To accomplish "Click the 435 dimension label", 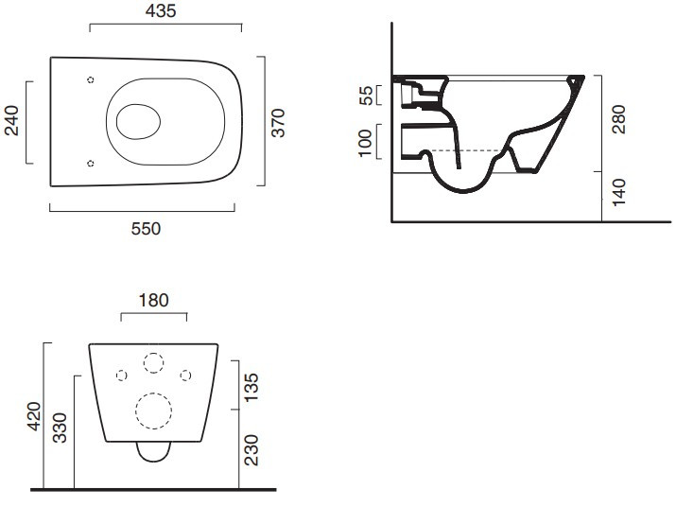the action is pos(161,11).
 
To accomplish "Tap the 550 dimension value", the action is pos(146,229).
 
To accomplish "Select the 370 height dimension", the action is pos(278,123).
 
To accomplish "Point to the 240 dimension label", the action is pos(11,121).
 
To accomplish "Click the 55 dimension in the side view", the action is pos(366,96).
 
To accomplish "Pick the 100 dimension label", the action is pos(365,143).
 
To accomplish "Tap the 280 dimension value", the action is pos(618,119).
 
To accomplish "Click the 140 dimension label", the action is pos(618,193).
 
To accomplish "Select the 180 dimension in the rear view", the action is pos(153,300).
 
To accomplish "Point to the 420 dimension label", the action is pos(34,416).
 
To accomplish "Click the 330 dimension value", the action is pos(60,428).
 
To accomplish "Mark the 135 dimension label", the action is pos(251,388).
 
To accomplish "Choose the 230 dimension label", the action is pos(251,450).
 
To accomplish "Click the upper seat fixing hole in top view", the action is pos(91,79).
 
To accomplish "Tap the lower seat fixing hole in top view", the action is pos(91,163).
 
